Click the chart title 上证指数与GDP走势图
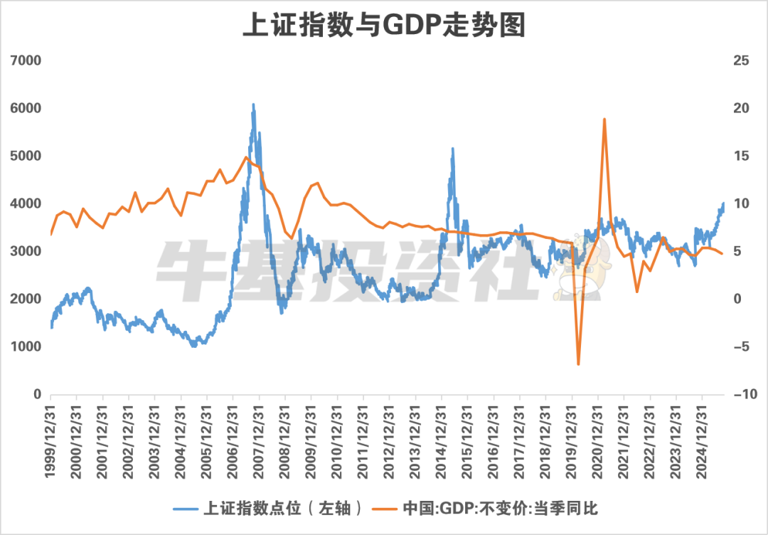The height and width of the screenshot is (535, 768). (383, 26)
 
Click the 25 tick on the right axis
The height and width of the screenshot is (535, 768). (741, 60)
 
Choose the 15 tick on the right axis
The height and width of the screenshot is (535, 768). (741, 156)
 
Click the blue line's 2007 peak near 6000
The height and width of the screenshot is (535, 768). (253, 105)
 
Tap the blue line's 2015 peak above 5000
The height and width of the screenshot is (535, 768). (452, 149)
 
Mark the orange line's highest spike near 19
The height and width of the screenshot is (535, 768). (604, 119)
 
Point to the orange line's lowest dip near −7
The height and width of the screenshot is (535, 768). (578, 364)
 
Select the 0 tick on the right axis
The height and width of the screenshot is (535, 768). (741, 299)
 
